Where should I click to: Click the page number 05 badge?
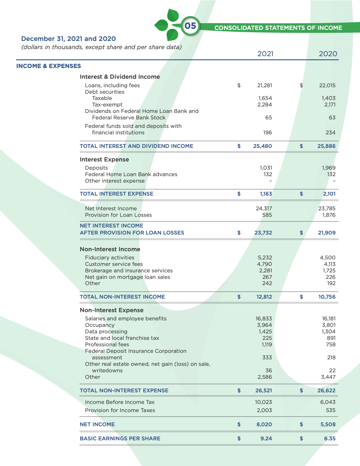(190, 26)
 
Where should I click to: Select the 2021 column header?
(265, 54)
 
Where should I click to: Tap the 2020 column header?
(328, 54)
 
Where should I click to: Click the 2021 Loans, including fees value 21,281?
(265, 86)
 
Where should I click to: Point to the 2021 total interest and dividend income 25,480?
(263, 146)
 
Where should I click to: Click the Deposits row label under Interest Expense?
(96, 168)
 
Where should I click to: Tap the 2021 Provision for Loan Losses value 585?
(267, 215)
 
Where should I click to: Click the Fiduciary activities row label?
(110, 258)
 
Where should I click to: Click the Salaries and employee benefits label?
(126, 319)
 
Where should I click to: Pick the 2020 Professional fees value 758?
(331, 345)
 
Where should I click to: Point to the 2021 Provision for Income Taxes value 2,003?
(264, 410)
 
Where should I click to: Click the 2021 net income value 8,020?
(264, 425)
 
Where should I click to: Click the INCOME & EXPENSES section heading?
(49, 66)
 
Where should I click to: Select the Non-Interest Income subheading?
(110, 249)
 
